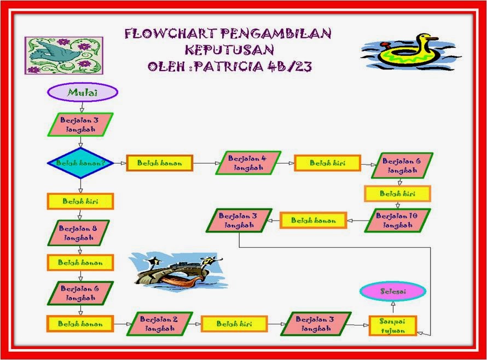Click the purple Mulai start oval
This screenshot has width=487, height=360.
[x=83, y=92]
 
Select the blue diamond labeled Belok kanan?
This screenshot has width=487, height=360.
[x=80, y=163]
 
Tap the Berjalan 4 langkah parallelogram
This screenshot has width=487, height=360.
[x=248, y=163]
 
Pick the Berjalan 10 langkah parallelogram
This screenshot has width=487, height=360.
[x=397, y=220]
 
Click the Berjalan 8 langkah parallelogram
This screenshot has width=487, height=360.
[x=78, y=233]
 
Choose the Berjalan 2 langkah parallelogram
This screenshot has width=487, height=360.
[x=159, y=324]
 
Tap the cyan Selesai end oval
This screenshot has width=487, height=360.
[x=392, y=292]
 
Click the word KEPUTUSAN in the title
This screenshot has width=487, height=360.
[x=229, y=51]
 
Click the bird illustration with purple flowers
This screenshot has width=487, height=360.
[x=63, y=55]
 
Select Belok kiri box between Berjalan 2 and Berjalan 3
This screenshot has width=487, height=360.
[x=234, y=324]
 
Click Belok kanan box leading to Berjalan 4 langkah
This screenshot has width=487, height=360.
[x=159, y=163]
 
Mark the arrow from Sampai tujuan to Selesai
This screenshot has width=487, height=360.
[x=392, y=307]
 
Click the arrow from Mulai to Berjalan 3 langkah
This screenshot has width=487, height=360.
[x=82, y=107]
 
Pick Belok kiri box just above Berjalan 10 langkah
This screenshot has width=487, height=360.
[x=397, y=194]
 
